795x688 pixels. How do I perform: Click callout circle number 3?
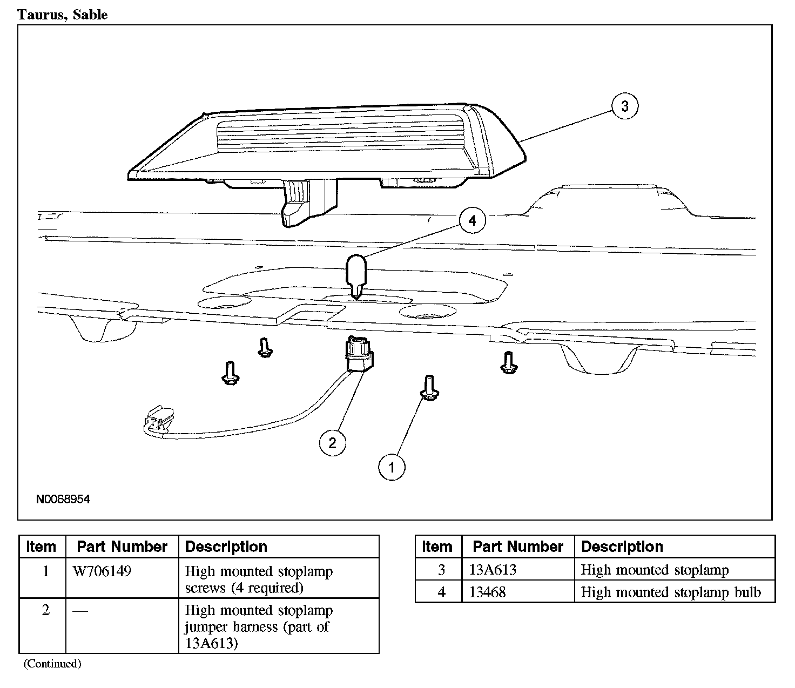(x=625, y=106)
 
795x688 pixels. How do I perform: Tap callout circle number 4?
(x=473, y=221)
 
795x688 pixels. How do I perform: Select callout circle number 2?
(x=332, y=443)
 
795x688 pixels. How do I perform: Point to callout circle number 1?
(x=392, y=467)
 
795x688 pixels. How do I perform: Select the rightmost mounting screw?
(x=508, y=362)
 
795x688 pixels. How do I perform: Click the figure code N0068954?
(x=63, y=500)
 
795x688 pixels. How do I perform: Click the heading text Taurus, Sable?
(x=63, y=15)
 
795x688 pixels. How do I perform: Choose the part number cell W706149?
(x=102, y=571)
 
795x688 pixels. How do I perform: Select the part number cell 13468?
(x=487, y=592)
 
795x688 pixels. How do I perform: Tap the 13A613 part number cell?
(x=493, y=570)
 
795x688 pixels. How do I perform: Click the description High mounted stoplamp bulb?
(x=670, y=592)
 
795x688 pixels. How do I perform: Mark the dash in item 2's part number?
(x=80, y=611)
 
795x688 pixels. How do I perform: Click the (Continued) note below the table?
(x=52, y=664)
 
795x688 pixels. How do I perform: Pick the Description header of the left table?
(x=226, y=547)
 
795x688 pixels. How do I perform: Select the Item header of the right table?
(x=437, y=547)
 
